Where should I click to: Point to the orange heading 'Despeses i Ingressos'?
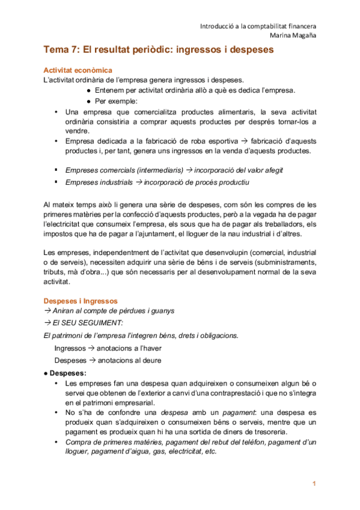[81, 301]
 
